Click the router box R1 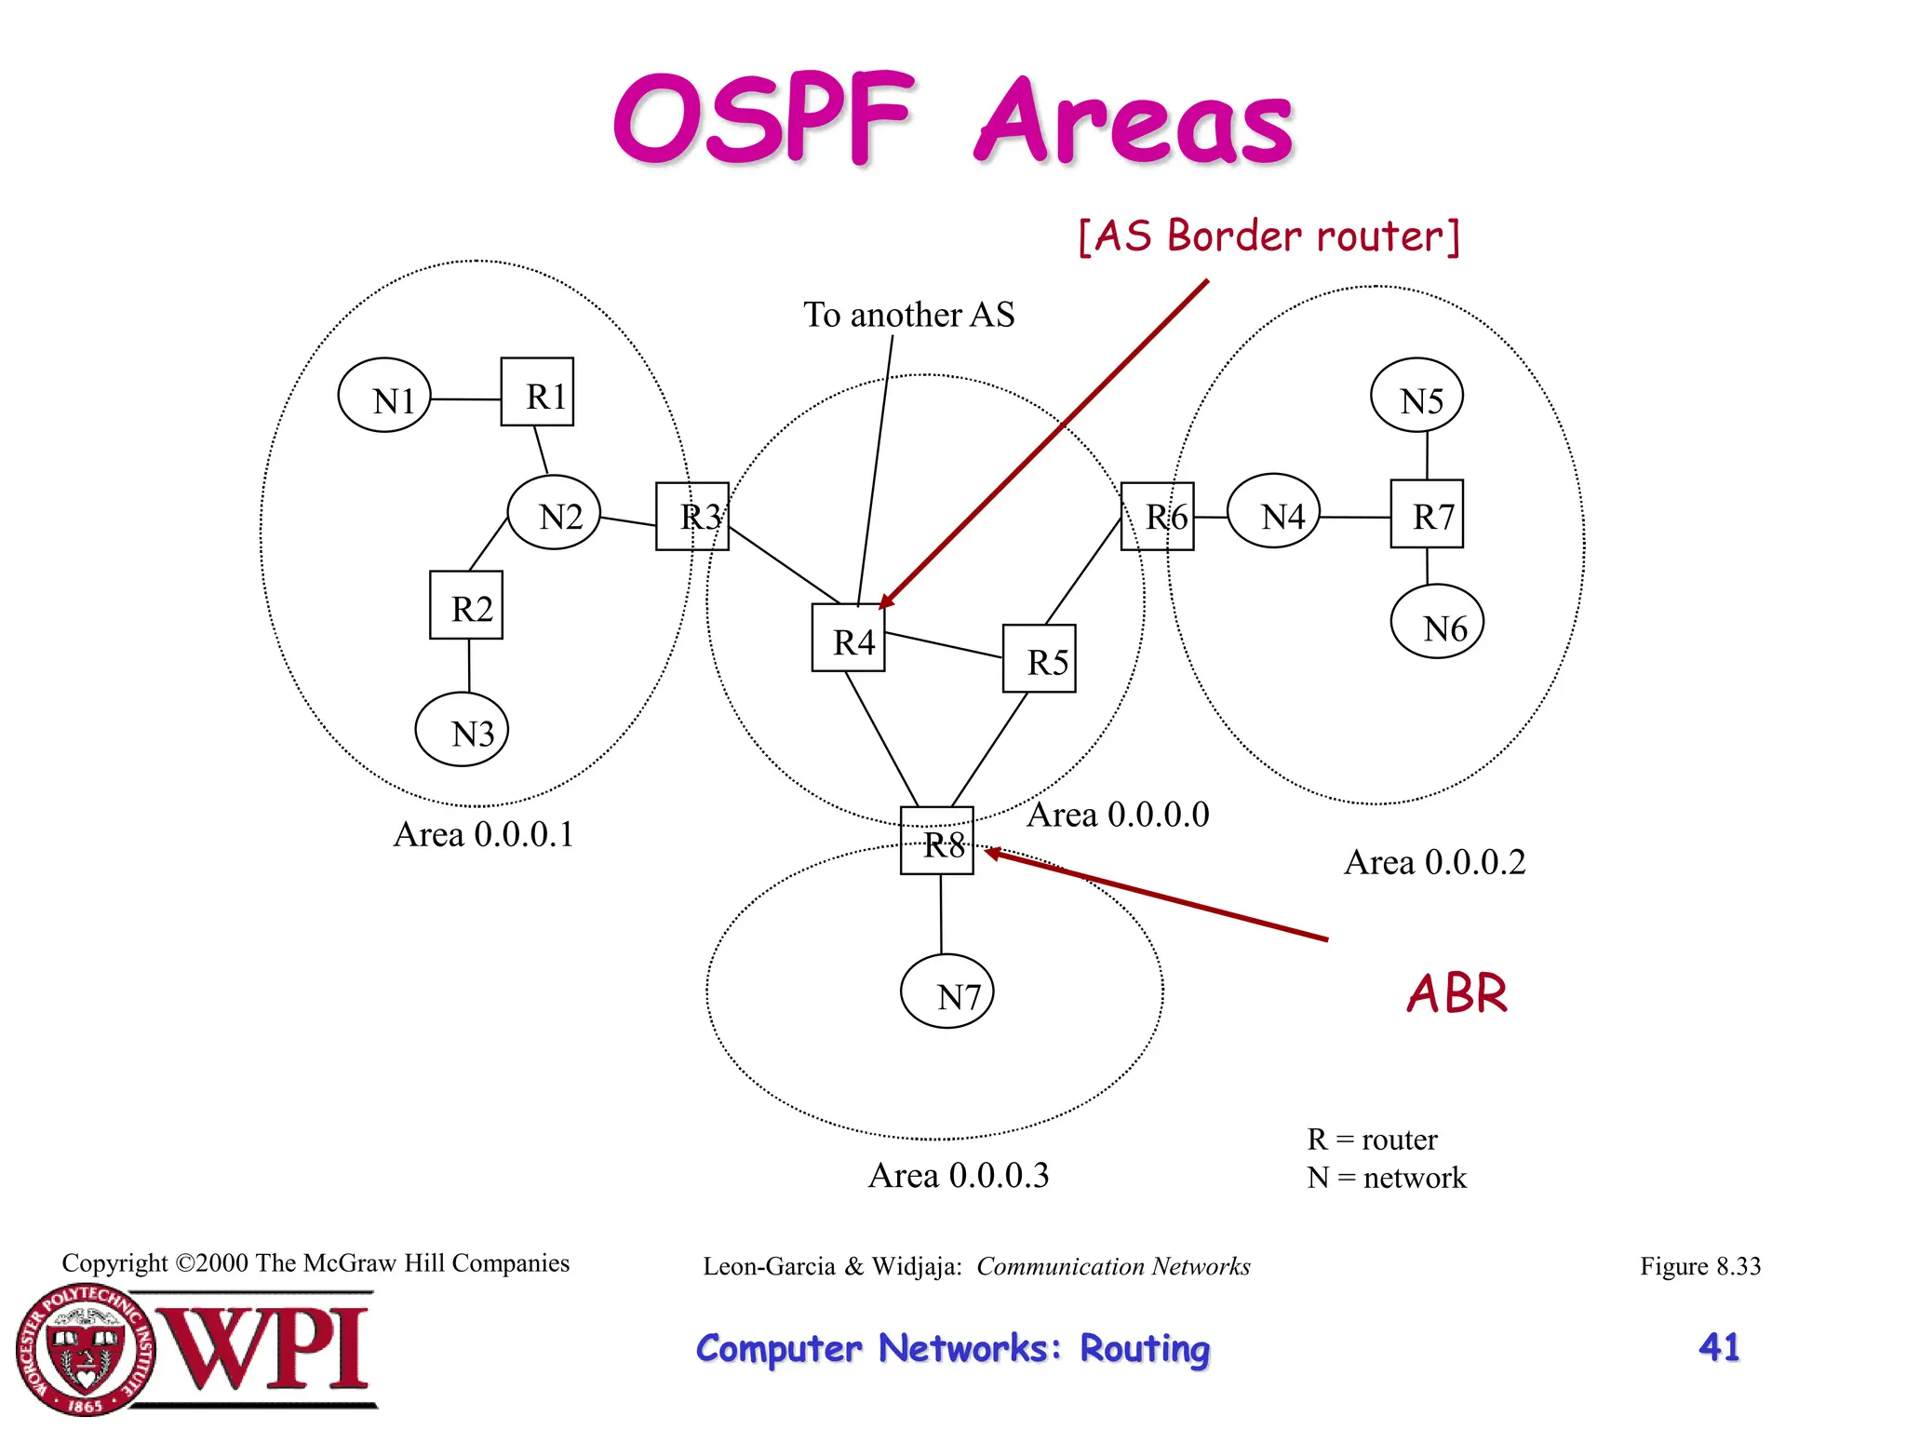point(537,392)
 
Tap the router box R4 point(848,638)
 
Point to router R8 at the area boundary point(936,841)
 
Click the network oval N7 point(946,992)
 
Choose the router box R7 point(1426,514)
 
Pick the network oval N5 point(1416,396)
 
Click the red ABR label point(1456,993)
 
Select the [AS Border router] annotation point(1268,236)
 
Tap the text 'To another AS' point(908,315)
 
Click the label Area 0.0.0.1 point(483,834)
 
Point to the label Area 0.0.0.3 point(958,1175)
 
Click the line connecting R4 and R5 point(944,645)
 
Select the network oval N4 point(1274,511)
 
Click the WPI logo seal point(86,1350)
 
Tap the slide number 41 point(1718,1347)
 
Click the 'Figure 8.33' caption point(1699,1266)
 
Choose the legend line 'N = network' point(1386,1178)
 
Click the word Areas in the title point(1134,123)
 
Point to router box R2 point(465,605)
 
